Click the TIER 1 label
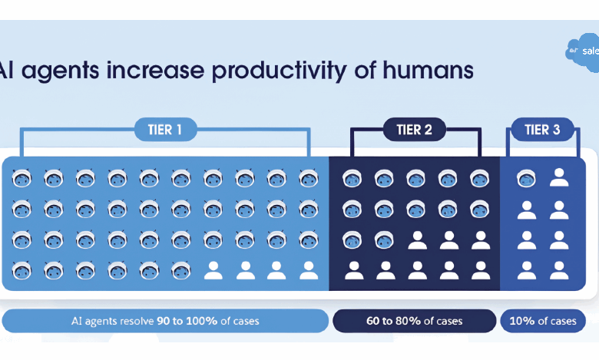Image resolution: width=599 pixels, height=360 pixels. point(164,130)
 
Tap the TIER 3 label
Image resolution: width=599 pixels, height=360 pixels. point(541,130)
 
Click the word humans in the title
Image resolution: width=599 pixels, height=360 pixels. point(427,71)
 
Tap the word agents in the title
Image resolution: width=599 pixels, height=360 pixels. point(58,71)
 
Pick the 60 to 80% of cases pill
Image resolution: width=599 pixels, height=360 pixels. point(413,322)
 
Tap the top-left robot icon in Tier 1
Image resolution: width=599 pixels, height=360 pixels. point(22,179)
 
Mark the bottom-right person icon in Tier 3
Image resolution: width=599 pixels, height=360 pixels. point(558,269)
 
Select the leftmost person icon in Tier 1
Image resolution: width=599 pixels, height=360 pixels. point(213,269)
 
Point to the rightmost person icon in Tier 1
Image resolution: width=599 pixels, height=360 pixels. point(308,269)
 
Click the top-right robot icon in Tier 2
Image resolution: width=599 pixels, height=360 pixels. point(479,179)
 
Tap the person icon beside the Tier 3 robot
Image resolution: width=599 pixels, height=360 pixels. point(558,179)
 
